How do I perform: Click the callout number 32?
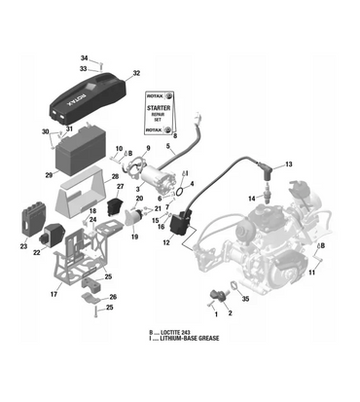[136, 73]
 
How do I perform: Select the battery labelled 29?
[84, 156]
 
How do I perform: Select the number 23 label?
[22, 246]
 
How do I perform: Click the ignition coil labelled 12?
[178, 226]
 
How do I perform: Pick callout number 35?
[245, 300]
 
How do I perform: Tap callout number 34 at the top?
[84, 57]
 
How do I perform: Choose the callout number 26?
[113, 297]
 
